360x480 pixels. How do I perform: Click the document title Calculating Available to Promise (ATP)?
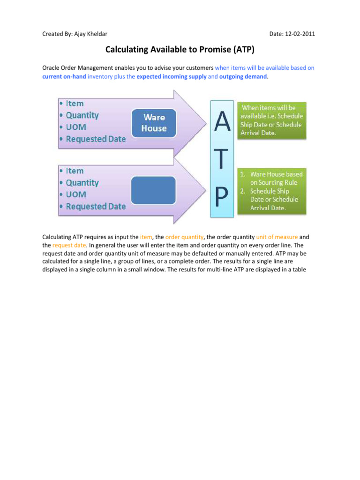tap(180, 49)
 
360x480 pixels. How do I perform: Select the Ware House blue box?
tap(154, 123)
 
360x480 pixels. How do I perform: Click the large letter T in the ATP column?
tap(222, 160)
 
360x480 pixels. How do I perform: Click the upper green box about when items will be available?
tap(272, 120)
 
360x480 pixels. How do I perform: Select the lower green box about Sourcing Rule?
tap(272, 191)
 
